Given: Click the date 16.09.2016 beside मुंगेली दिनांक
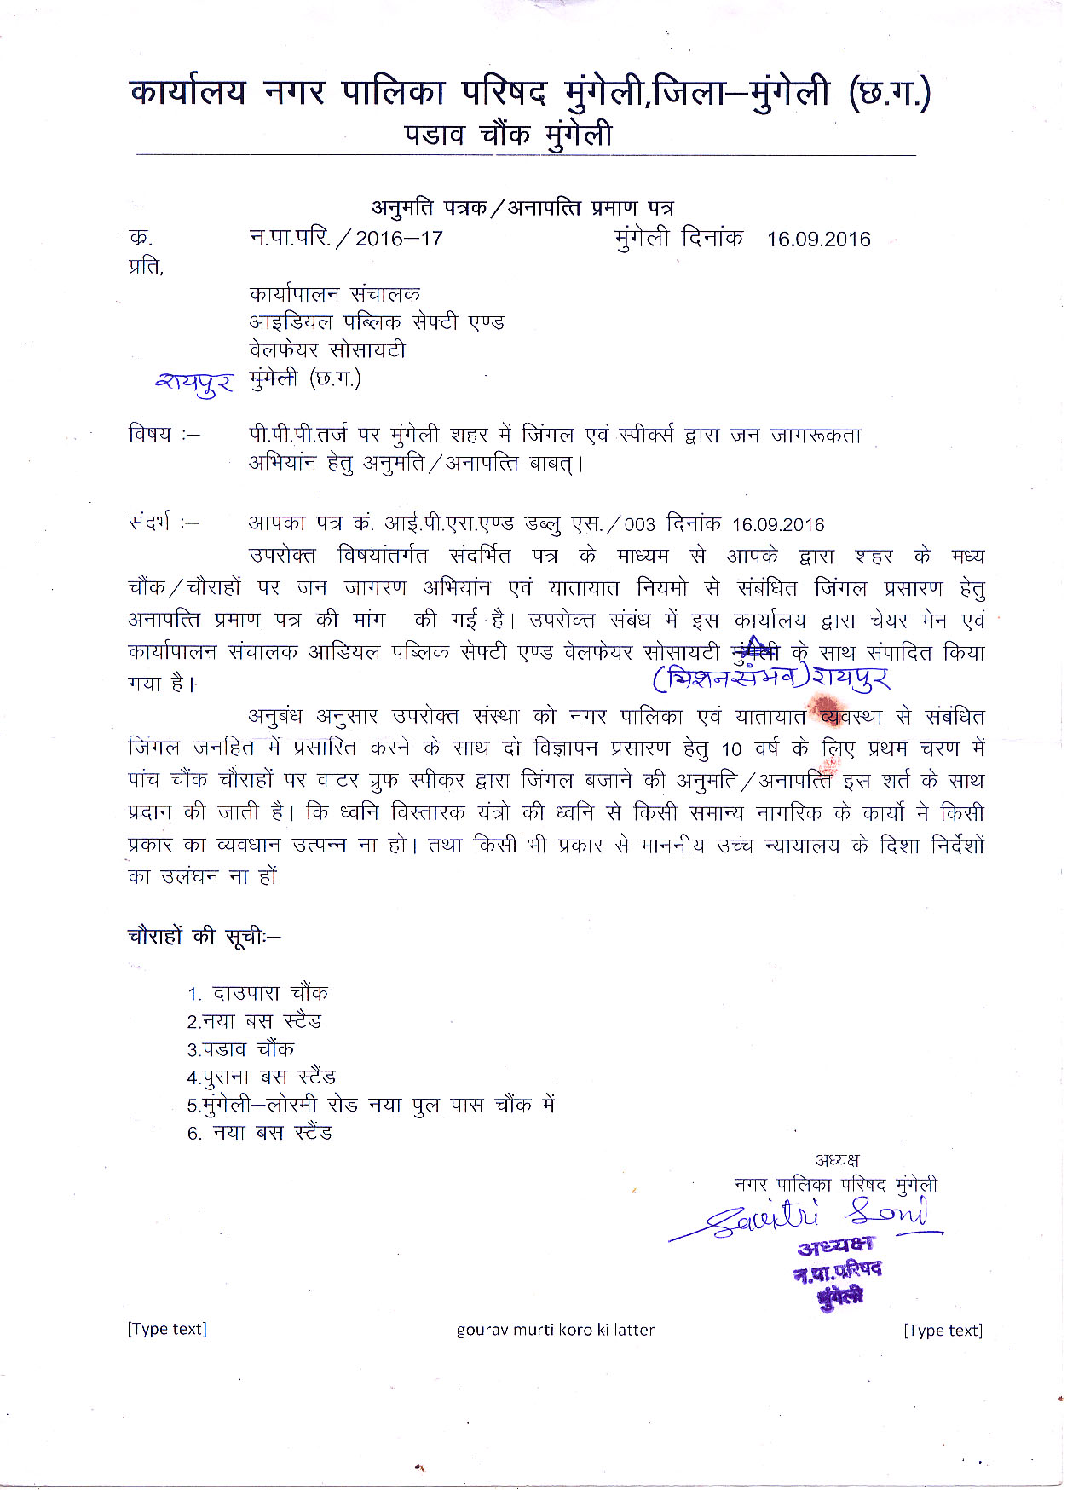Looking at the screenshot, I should (818, 239).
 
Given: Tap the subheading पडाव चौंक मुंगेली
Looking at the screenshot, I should (508, 135).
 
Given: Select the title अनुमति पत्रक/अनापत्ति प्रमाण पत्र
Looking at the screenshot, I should (522, 207).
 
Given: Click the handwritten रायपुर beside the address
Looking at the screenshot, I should (194, 384).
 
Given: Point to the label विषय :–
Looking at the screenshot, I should (164, 434).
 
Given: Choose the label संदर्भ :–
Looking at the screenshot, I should (164, 522).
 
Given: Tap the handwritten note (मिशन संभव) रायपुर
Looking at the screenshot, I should (771, 679).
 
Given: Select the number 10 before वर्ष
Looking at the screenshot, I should (731, 750).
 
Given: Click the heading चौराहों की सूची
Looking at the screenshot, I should (204, 936).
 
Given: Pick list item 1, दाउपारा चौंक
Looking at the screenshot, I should (258, 993).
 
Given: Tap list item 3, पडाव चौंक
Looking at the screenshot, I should (241, 1049).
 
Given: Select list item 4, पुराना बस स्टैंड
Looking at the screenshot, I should (262, 1077).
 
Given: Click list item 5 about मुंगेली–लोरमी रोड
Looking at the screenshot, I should (372, 1106).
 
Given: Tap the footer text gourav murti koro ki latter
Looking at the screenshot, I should (555, 1330).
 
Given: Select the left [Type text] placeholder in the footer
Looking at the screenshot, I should (167, 1329).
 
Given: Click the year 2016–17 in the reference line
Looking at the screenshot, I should (399, 239).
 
